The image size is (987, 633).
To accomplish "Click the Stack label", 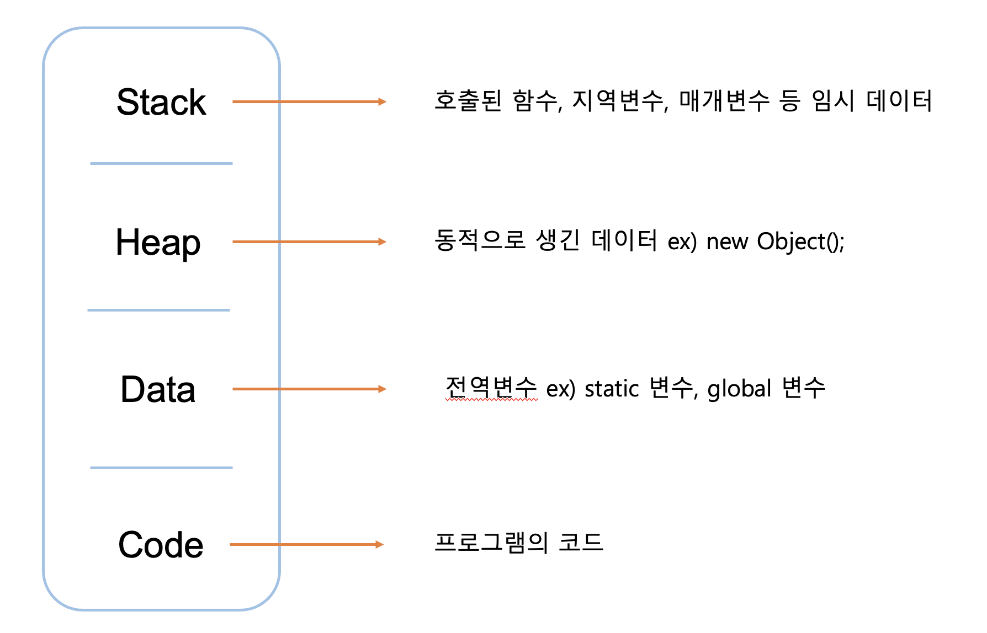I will point(161,102).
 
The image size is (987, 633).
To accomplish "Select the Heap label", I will point(158,243).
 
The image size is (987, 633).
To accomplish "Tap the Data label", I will point(158,389).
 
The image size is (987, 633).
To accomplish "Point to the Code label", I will point(161,545).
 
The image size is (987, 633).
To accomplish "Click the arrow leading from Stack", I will point(309,101).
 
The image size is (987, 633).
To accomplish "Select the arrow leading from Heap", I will point(309,242).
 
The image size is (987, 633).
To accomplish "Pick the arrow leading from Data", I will point(309,389).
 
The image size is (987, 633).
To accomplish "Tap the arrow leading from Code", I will point(306,544).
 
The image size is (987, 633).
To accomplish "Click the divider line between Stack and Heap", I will point(161,163).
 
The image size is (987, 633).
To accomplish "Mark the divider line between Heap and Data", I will point(158,310).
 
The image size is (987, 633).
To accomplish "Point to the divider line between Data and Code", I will point(161,468).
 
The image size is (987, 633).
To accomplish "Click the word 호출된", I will point(468,101).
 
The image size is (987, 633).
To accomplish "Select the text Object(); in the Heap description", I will point(800,242).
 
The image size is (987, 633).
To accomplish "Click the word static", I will point(612,389).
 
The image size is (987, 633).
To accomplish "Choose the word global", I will point(739,389).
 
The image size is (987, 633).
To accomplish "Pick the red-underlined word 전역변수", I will point(491,387).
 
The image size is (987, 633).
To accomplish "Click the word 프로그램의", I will point(491,543).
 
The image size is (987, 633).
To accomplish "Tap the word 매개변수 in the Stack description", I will point(724,101).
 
